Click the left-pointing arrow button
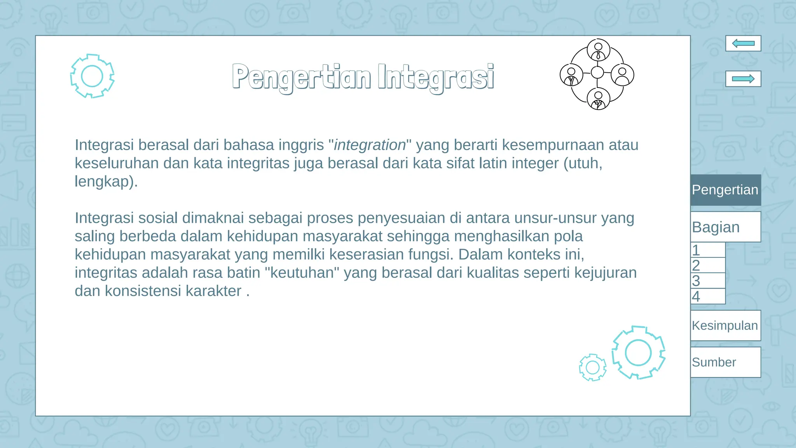click(x=743, y=43)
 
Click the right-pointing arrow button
click(x=743, y=79)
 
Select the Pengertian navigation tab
click(x=725, y=190)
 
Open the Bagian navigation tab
click(x=725, y=227)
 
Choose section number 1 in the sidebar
click(x=707, y=250)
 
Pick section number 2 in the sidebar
click(x=707, y=265)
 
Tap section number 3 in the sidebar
click(x=707, y=281)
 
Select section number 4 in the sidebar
click(x=707, y=296)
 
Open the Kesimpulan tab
click(x=725, y=325)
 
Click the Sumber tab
click(x=725, y=362)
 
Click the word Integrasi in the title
click(x=435, y=77)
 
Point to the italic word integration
click(x=370, y=145)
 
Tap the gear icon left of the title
click(x=92, y=76)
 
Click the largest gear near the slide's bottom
click(x=638, y=352)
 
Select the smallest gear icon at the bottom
click(x=592, y=367)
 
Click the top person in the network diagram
click(x=598, y=50)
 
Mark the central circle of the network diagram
click(x=597, y=72)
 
